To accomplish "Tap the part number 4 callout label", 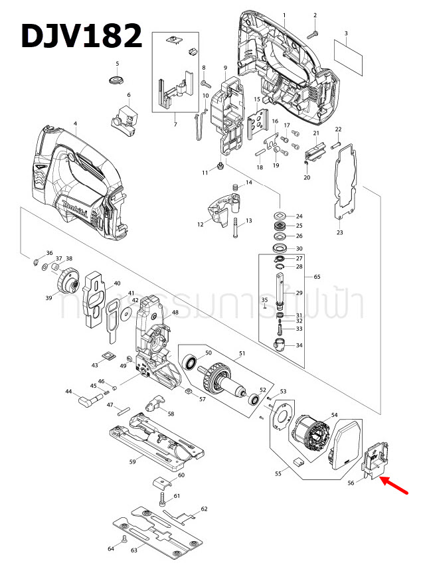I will pos(75,124).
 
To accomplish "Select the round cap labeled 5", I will pos(116,80).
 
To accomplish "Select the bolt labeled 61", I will pos(161,497).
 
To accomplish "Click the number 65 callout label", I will pos(317,276).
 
